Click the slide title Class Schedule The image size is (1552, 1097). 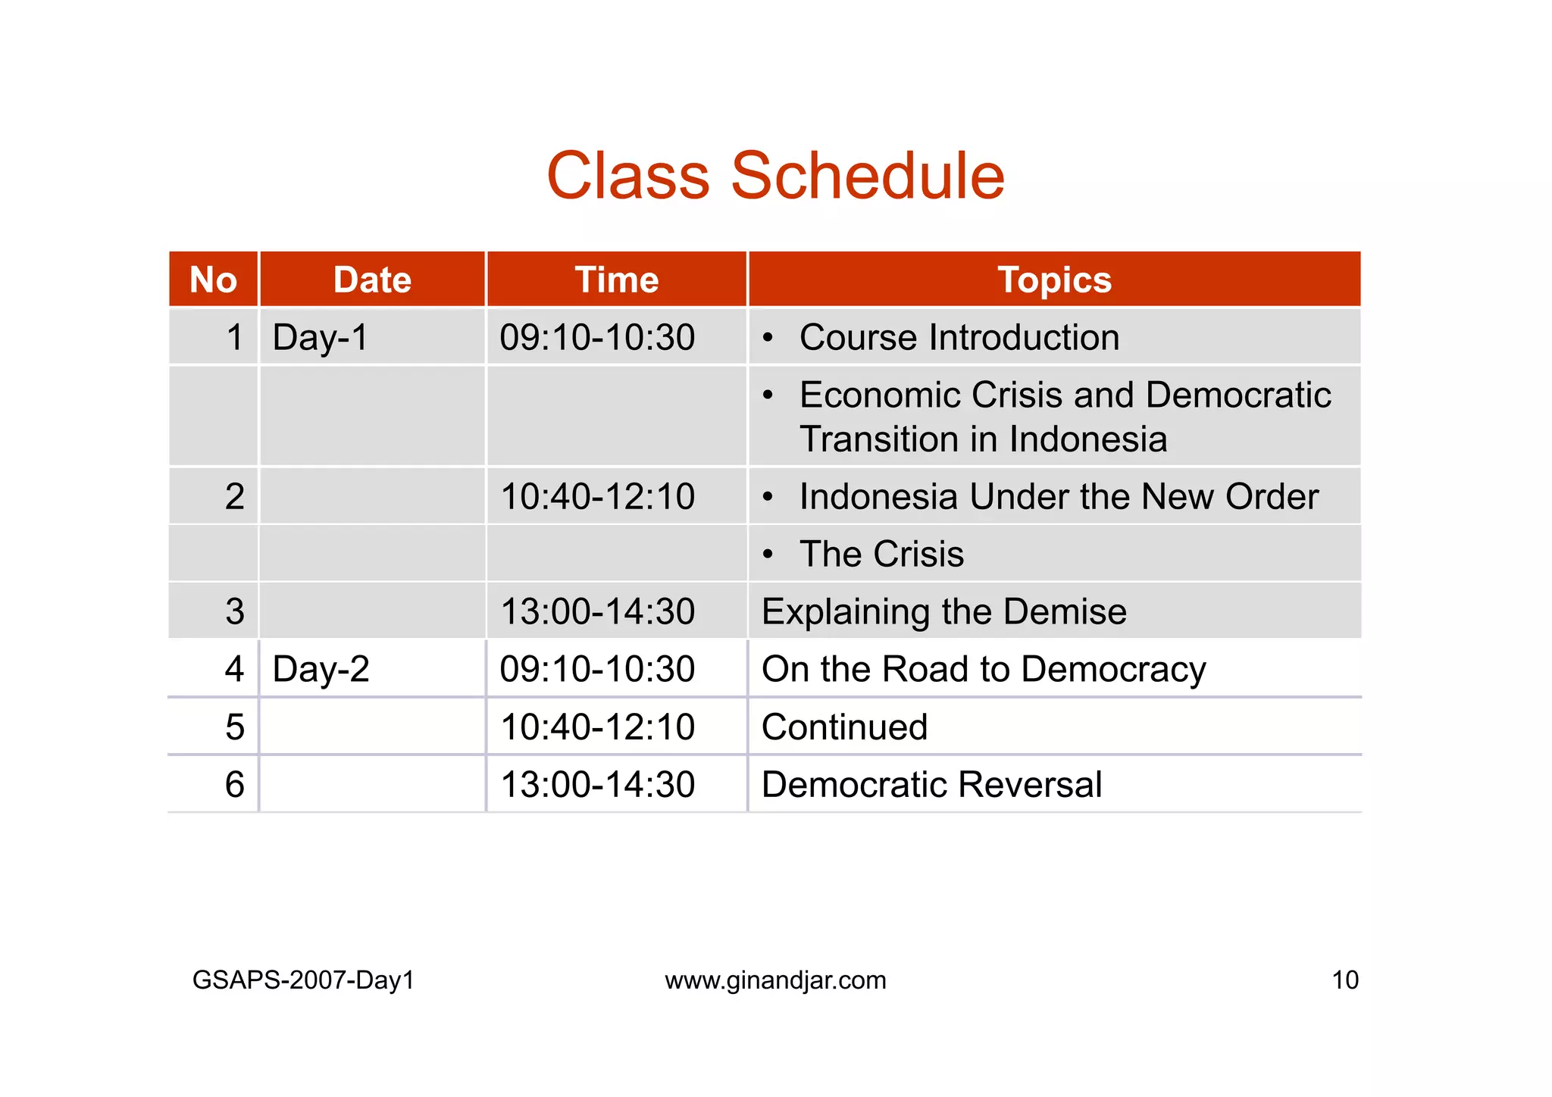point(774,176)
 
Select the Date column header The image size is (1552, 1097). point(372,280)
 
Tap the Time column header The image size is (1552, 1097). point(616,280)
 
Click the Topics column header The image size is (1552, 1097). point(1054,280)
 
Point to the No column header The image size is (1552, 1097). point(213,280)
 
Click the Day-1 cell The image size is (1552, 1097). point(321,338)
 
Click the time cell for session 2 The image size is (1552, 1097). point(597,497)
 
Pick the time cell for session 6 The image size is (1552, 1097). point(597,785)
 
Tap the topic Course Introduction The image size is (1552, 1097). point(959,338)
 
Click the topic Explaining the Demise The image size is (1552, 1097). point(943,612)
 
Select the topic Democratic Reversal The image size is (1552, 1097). point(931,785)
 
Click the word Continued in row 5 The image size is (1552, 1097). point(844,727)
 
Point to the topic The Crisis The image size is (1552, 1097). point(881,555)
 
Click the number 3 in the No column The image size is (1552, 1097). point(235,612)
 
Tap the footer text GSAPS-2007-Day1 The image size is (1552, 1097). point(303,980)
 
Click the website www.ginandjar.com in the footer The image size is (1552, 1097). point(775,980)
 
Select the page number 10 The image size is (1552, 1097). point(1345,980)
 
